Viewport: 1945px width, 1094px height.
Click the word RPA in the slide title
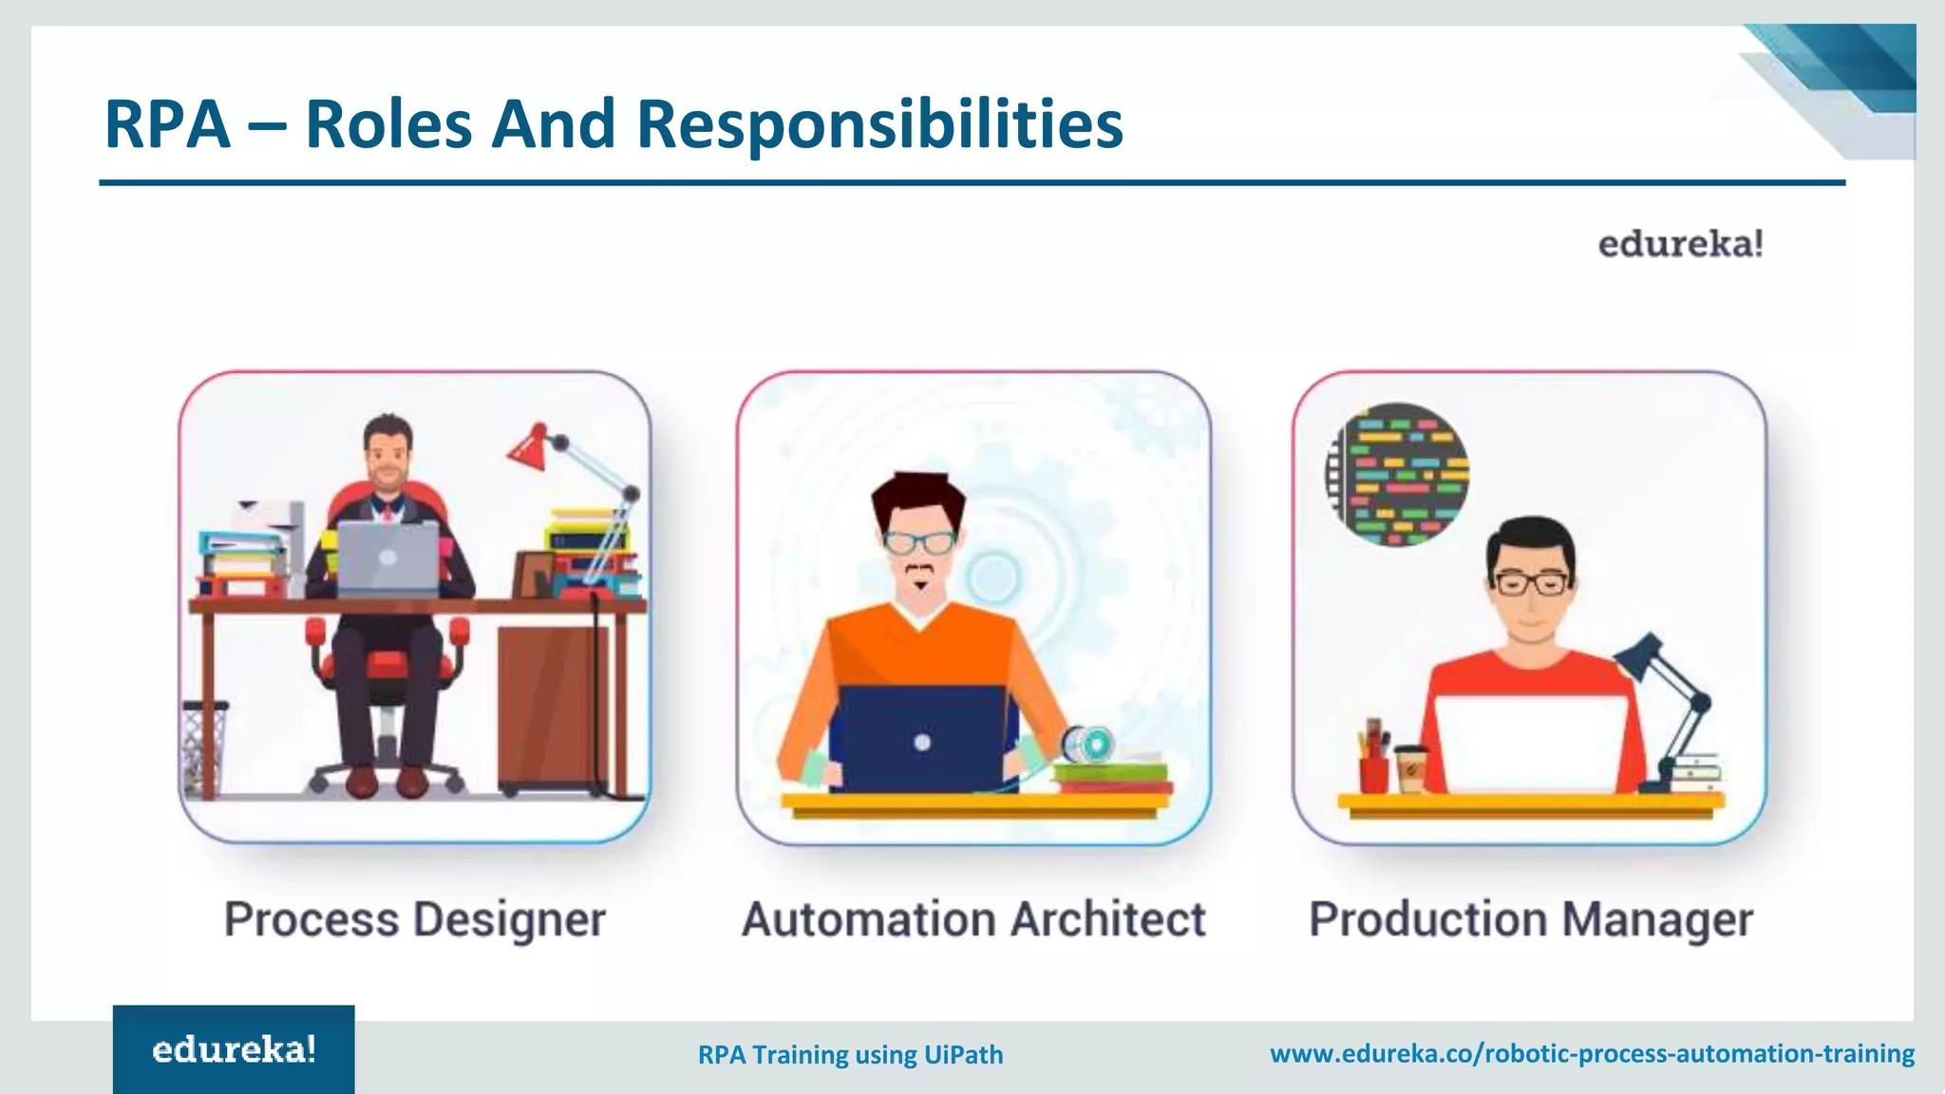167,124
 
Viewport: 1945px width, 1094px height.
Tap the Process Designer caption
415,919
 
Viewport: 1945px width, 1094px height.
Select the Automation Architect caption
973,919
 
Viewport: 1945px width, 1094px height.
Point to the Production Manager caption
1530,919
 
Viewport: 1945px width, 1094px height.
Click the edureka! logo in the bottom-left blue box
234,1049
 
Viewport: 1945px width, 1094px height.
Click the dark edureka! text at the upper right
1680,244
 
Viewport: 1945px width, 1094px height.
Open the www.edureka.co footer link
1592,1053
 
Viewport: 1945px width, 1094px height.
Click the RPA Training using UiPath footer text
850,1054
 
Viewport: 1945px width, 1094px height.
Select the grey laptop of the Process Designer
387,557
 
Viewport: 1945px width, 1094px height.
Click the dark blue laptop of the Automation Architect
920,739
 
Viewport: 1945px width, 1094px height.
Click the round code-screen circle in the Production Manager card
1397,474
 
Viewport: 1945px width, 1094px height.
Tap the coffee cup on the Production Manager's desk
1410,768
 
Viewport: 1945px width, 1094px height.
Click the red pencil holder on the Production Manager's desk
1373,769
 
